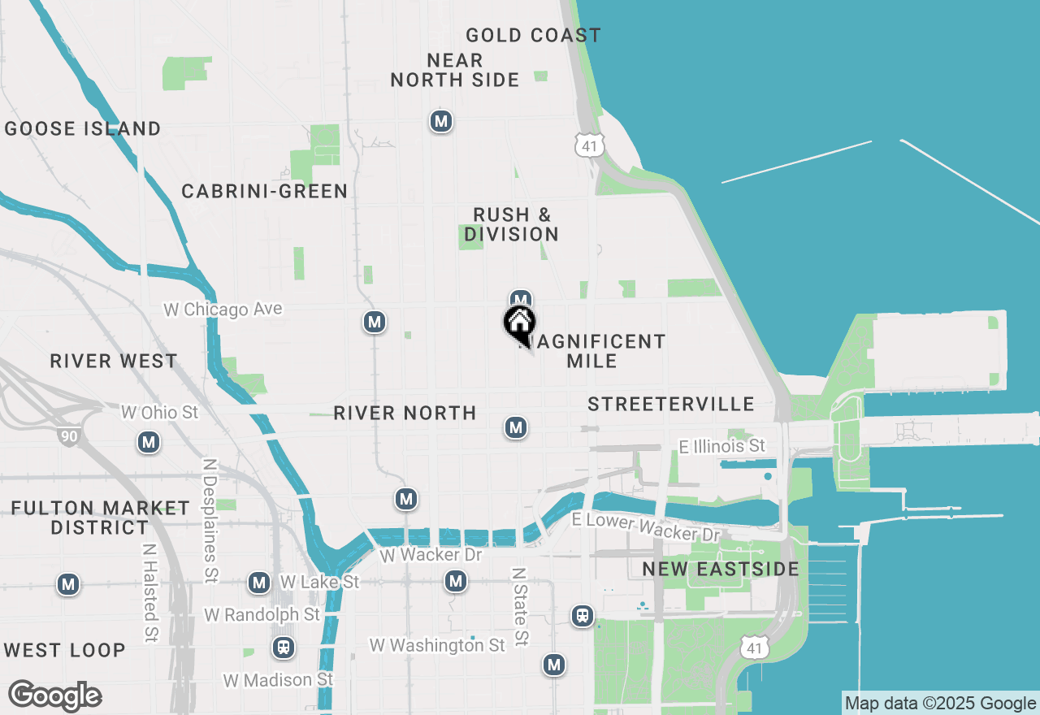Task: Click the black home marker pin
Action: [519, 323]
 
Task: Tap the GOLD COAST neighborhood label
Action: [533, 35]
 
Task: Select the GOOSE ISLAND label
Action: [83, 128]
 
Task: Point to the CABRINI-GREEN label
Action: [265, 191]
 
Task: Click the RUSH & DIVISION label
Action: [512, 224]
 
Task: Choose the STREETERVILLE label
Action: [671, 404]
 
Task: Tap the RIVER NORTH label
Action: [405, 413]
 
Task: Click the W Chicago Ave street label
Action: [223, 310]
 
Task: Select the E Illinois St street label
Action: [722, 445]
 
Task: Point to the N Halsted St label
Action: [149, 593]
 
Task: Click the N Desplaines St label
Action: [210, 521]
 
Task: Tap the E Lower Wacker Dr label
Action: [646, 527]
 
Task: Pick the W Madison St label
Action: [279, 679]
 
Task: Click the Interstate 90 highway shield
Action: [69, 436]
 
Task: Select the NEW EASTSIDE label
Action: [721, 569]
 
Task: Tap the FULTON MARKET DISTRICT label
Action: [100, 518]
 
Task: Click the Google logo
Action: [54, 696]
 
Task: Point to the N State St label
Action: [520, 607]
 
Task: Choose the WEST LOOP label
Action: [64, 650]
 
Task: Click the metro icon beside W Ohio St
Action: [149, 442]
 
